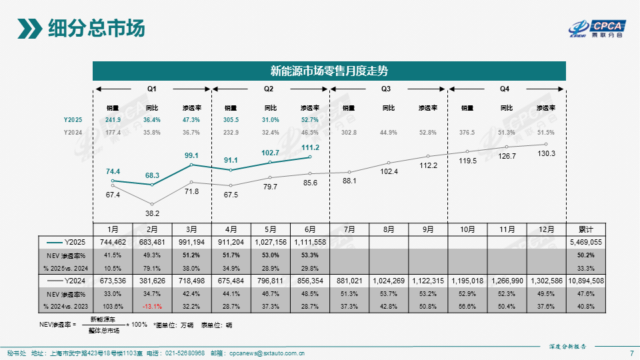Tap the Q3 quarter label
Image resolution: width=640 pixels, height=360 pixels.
pyautogui.click(x=386, y=89)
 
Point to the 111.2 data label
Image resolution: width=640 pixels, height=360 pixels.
pyautogui.click(x=310, y=147)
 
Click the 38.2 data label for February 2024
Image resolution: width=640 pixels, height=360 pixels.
pyautogui.click(x=152, y=213)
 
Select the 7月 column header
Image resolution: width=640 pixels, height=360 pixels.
pyautogui.click(x=349, y=229)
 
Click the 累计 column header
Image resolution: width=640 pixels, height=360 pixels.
pyautogui.click(x=586, y=229)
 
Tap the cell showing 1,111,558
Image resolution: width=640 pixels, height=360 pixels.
pyautogui.click(x=310, y=242)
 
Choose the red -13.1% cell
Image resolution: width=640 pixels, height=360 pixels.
pyautogui.click(x=152, y=307)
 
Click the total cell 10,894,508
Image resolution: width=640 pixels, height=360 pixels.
pyautogui.click(x=586, y=281)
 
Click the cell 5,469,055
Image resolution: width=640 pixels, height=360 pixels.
pyautogui.click(x=586, y=242)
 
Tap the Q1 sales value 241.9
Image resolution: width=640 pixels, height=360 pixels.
pyautogui.click(x=113, y=119)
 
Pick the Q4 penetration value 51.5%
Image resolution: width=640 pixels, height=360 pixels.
pyautogui.click(x=546, y=133)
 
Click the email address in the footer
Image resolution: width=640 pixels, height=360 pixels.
pyautogui.click(x=267, y=353)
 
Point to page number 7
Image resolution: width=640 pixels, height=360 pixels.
pyautogui.click(x=631, y=353)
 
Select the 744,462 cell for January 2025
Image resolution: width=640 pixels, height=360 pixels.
pyautogui.click(x=113, y=242)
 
